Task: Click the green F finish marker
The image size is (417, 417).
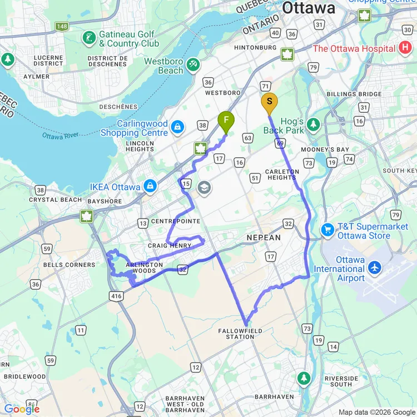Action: point(225,121)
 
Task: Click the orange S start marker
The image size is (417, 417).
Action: point(269,102)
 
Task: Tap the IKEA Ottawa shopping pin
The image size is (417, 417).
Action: point(149,187)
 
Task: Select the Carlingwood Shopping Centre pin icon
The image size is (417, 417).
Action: point(177,127)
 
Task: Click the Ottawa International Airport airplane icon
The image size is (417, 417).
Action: point(374,269)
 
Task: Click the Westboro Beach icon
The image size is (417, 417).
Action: point(193,64)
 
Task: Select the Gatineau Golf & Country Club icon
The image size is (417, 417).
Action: point(88,38)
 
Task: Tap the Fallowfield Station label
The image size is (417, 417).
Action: point(240,334)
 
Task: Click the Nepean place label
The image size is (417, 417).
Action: point(264,237)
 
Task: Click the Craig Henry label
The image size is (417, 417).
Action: point(169,245)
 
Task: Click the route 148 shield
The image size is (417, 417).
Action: point(62,26)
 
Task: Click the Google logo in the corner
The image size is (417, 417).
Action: point(21,409)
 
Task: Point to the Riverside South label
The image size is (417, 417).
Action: point(341,381)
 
